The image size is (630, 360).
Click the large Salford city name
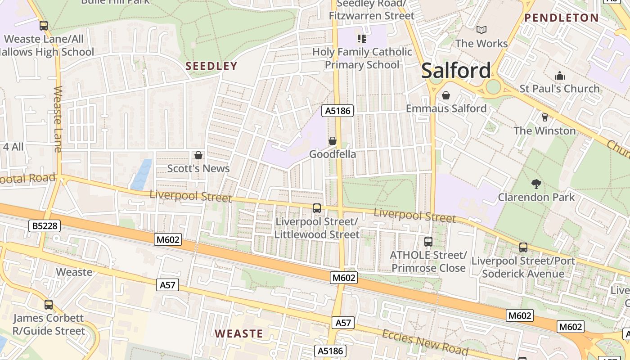[x=456, y=71]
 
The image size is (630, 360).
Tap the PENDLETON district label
[x=562, y=18]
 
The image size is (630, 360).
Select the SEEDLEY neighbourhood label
[x=211, y=66]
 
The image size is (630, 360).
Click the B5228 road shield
[x=45, y=225]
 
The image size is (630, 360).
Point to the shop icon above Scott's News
[x=198, y=155]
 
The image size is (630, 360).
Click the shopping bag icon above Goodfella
[x=332, y=141]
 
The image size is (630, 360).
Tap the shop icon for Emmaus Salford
[x=446, y=95]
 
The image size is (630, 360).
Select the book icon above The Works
[x=481, y=30]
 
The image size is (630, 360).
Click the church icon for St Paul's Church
[x=559, y=76]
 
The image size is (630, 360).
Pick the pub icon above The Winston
[x=544, y=117]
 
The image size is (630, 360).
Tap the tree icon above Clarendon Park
[x=536, y=184]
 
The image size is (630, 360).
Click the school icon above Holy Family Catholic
[x=362, y=39]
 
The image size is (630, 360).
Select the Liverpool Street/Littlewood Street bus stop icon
[x=317, y=208]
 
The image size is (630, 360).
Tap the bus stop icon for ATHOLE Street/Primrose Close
[x=428, y=242]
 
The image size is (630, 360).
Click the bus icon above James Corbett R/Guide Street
[x=49, y=305]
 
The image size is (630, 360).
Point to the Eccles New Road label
[x=425, y=342]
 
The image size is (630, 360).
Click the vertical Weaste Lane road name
[x=58, y=119]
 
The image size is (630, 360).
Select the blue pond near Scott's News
[x=142, y=174]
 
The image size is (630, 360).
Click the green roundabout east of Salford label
[x=493, y=86]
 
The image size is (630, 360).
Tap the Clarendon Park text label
[x=536, y=197]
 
